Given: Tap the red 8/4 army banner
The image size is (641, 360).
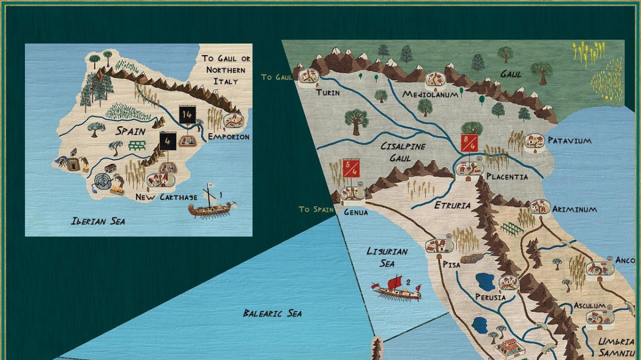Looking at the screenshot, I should (468, 143).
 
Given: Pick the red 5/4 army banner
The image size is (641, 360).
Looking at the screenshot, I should (351, 168).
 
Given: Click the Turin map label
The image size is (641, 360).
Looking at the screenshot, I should (327, 92).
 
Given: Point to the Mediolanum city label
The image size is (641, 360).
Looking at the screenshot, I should (431, 95).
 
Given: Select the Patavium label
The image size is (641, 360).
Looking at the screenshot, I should (569, 141).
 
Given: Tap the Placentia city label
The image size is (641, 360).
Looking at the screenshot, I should (507, 177).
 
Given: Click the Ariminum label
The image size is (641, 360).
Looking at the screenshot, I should (574, 209).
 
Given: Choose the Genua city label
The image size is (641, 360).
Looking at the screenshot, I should (356, 212).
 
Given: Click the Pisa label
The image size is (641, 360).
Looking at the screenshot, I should (451, 263).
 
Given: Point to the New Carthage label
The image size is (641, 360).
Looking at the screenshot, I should (166, 197).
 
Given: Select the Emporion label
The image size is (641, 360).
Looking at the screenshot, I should (229, 137).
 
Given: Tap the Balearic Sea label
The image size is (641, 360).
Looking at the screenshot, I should (272, 313).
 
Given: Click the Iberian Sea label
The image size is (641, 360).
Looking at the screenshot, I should (98, 221).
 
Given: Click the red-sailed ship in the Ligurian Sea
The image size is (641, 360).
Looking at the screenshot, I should (397, 289).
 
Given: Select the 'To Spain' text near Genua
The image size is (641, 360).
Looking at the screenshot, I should (316, 209).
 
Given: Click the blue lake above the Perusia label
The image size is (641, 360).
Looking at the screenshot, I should (486, 281).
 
